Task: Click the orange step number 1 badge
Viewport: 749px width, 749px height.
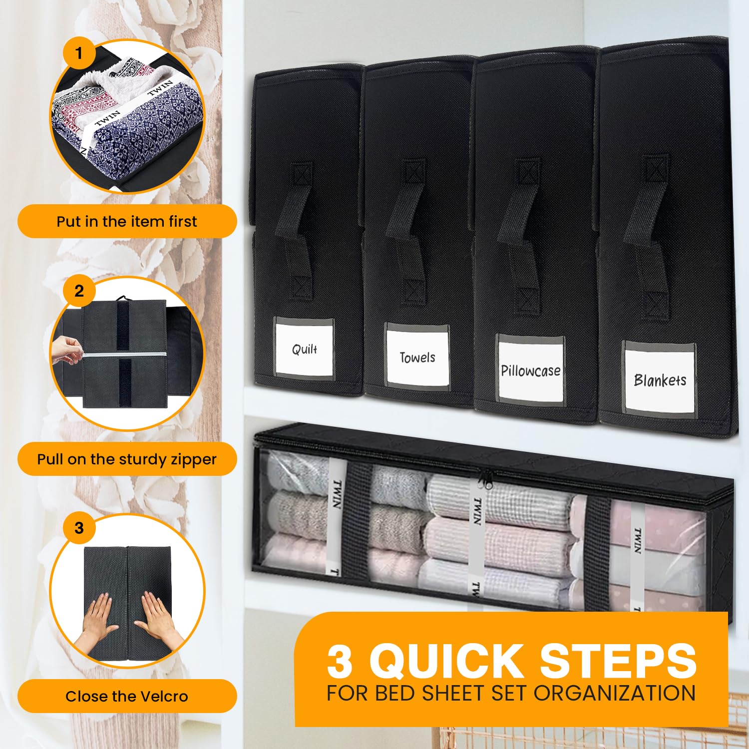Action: point(78,52)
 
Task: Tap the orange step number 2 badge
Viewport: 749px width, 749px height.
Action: point(79,291)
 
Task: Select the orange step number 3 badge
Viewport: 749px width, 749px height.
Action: point(79,528)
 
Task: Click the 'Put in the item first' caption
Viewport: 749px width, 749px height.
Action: point(127,221)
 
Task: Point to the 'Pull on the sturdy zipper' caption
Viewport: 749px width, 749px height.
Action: point(127,459)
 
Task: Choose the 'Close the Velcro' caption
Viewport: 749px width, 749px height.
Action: point(127,696)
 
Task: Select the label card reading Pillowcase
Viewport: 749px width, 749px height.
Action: point(530,370)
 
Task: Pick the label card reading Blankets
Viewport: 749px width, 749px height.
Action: point(660,380)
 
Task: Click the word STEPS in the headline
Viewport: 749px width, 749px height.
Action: point(619,660)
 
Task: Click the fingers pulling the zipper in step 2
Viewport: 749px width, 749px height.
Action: point(67,349)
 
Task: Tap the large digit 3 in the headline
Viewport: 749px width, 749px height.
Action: point(340,661)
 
